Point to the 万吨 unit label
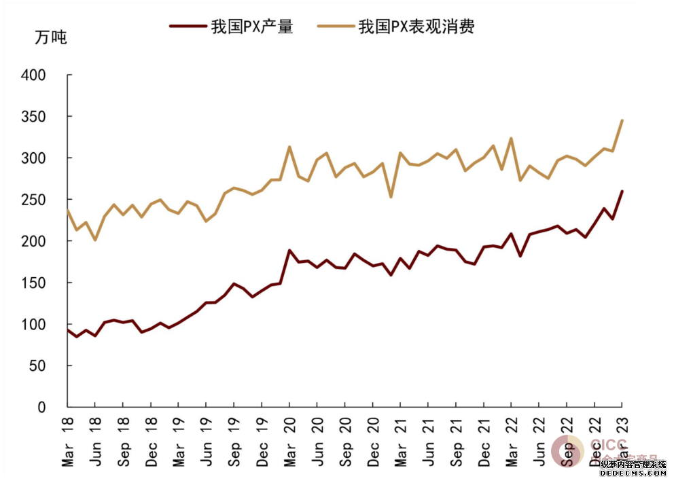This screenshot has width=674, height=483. (x=51, y=37)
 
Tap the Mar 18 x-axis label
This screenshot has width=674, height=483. (x=67, y=441)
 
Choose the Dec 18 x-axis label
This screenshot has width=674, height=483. (x=151, y=441)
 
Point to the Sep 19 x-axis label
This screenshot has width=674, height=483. (x=234, y=441)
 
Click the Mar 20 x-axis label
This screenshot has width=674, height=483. (x=289, y=441)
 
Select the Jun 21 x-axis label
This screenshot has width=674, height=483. (x=428, y=441)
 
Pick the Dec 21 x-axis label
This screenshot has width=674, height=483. (x=484, y=441)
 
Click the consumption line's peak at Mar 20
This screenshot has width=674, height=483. (x=289, y=147)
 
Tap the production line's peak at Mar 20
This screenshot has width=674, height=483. (x=289, y=251)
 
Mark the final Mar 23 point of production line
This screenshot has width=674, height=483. (x=622, y=192)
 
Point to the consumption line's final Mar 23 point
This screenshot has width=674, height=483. (x=622, y=121)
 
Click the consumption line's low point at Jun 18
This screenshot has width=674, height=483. (x=95, y=240)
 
